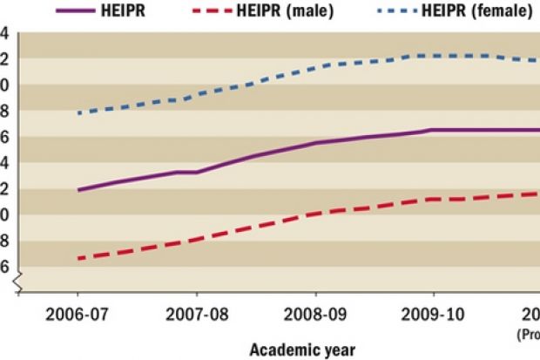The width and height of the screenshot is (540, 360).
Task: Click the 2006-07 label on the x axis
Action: coord(78,313)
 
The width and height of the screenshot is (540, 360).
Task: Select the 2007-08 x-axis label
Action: coord(197,313)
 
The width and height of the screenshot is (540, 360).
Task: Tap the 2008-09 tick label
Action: coord(315,313)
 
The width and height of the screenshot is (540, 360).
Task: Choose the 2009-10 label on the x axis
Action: coord(434,313)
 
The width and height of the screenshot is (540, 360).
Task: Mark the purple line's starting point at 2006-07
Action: coord(78,190)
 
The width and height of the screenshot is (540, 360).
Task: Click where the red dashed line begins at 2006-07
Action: coord(78,258)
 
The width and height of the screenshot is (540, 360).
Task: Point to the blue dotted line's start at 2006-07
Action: coord(78,113)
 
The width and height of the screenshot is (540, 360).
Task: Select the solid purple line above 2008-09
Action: coord(315,142)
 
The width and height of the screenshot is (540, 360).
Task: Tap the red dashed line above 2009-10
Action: coord(434,199)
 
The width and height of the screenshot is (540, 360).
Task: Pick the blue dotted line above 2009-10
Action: coord(434,55)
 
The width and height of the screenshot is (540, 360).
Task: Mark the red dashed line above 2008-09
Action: coord(315,213)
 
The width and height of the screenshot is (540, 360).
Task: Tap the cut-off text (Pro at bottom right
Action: coord(530,332)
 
